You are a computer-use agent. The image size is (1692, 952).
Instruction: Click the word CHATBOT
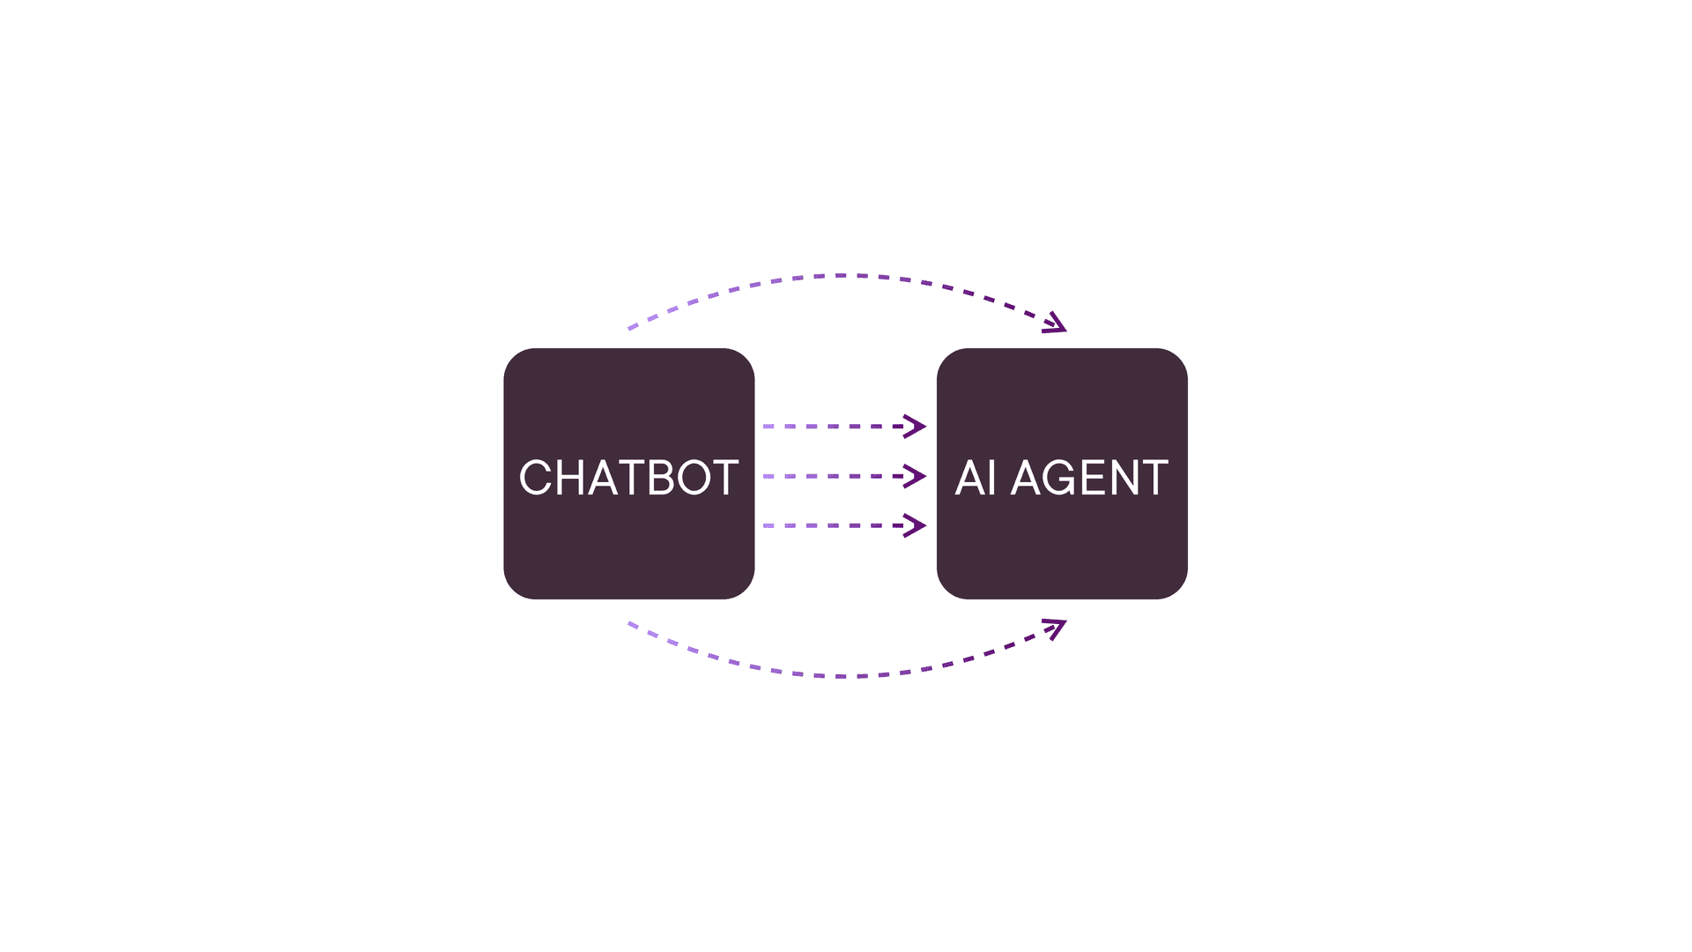click(628, 478)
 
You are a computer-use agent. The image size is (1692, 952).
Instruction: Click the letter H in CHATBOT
click(570, 478)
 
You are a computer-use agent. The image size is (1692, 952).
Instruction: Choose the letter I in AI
click(993, 478)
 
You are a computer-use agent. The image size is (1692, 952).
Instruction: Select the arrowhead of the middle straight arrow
click(916, 476)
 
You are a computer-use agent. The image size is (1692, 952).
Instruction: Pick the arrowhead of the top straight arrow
click(916, 427)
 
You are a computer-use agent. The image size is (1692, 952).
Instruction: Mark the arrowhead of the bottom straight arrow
click(916, 526)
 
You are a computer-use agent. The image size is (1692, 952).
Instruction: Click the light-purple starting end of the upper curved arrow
click(631, 328)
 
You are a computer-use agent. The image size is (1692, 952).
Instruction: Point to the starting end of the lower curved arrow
click(631, 624)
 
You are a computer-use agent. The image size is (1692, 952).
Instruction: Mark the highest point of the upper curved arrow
click(842, 275)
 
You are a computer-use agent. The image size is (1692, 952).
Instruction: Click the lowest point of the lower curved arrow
click(842, 676)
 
